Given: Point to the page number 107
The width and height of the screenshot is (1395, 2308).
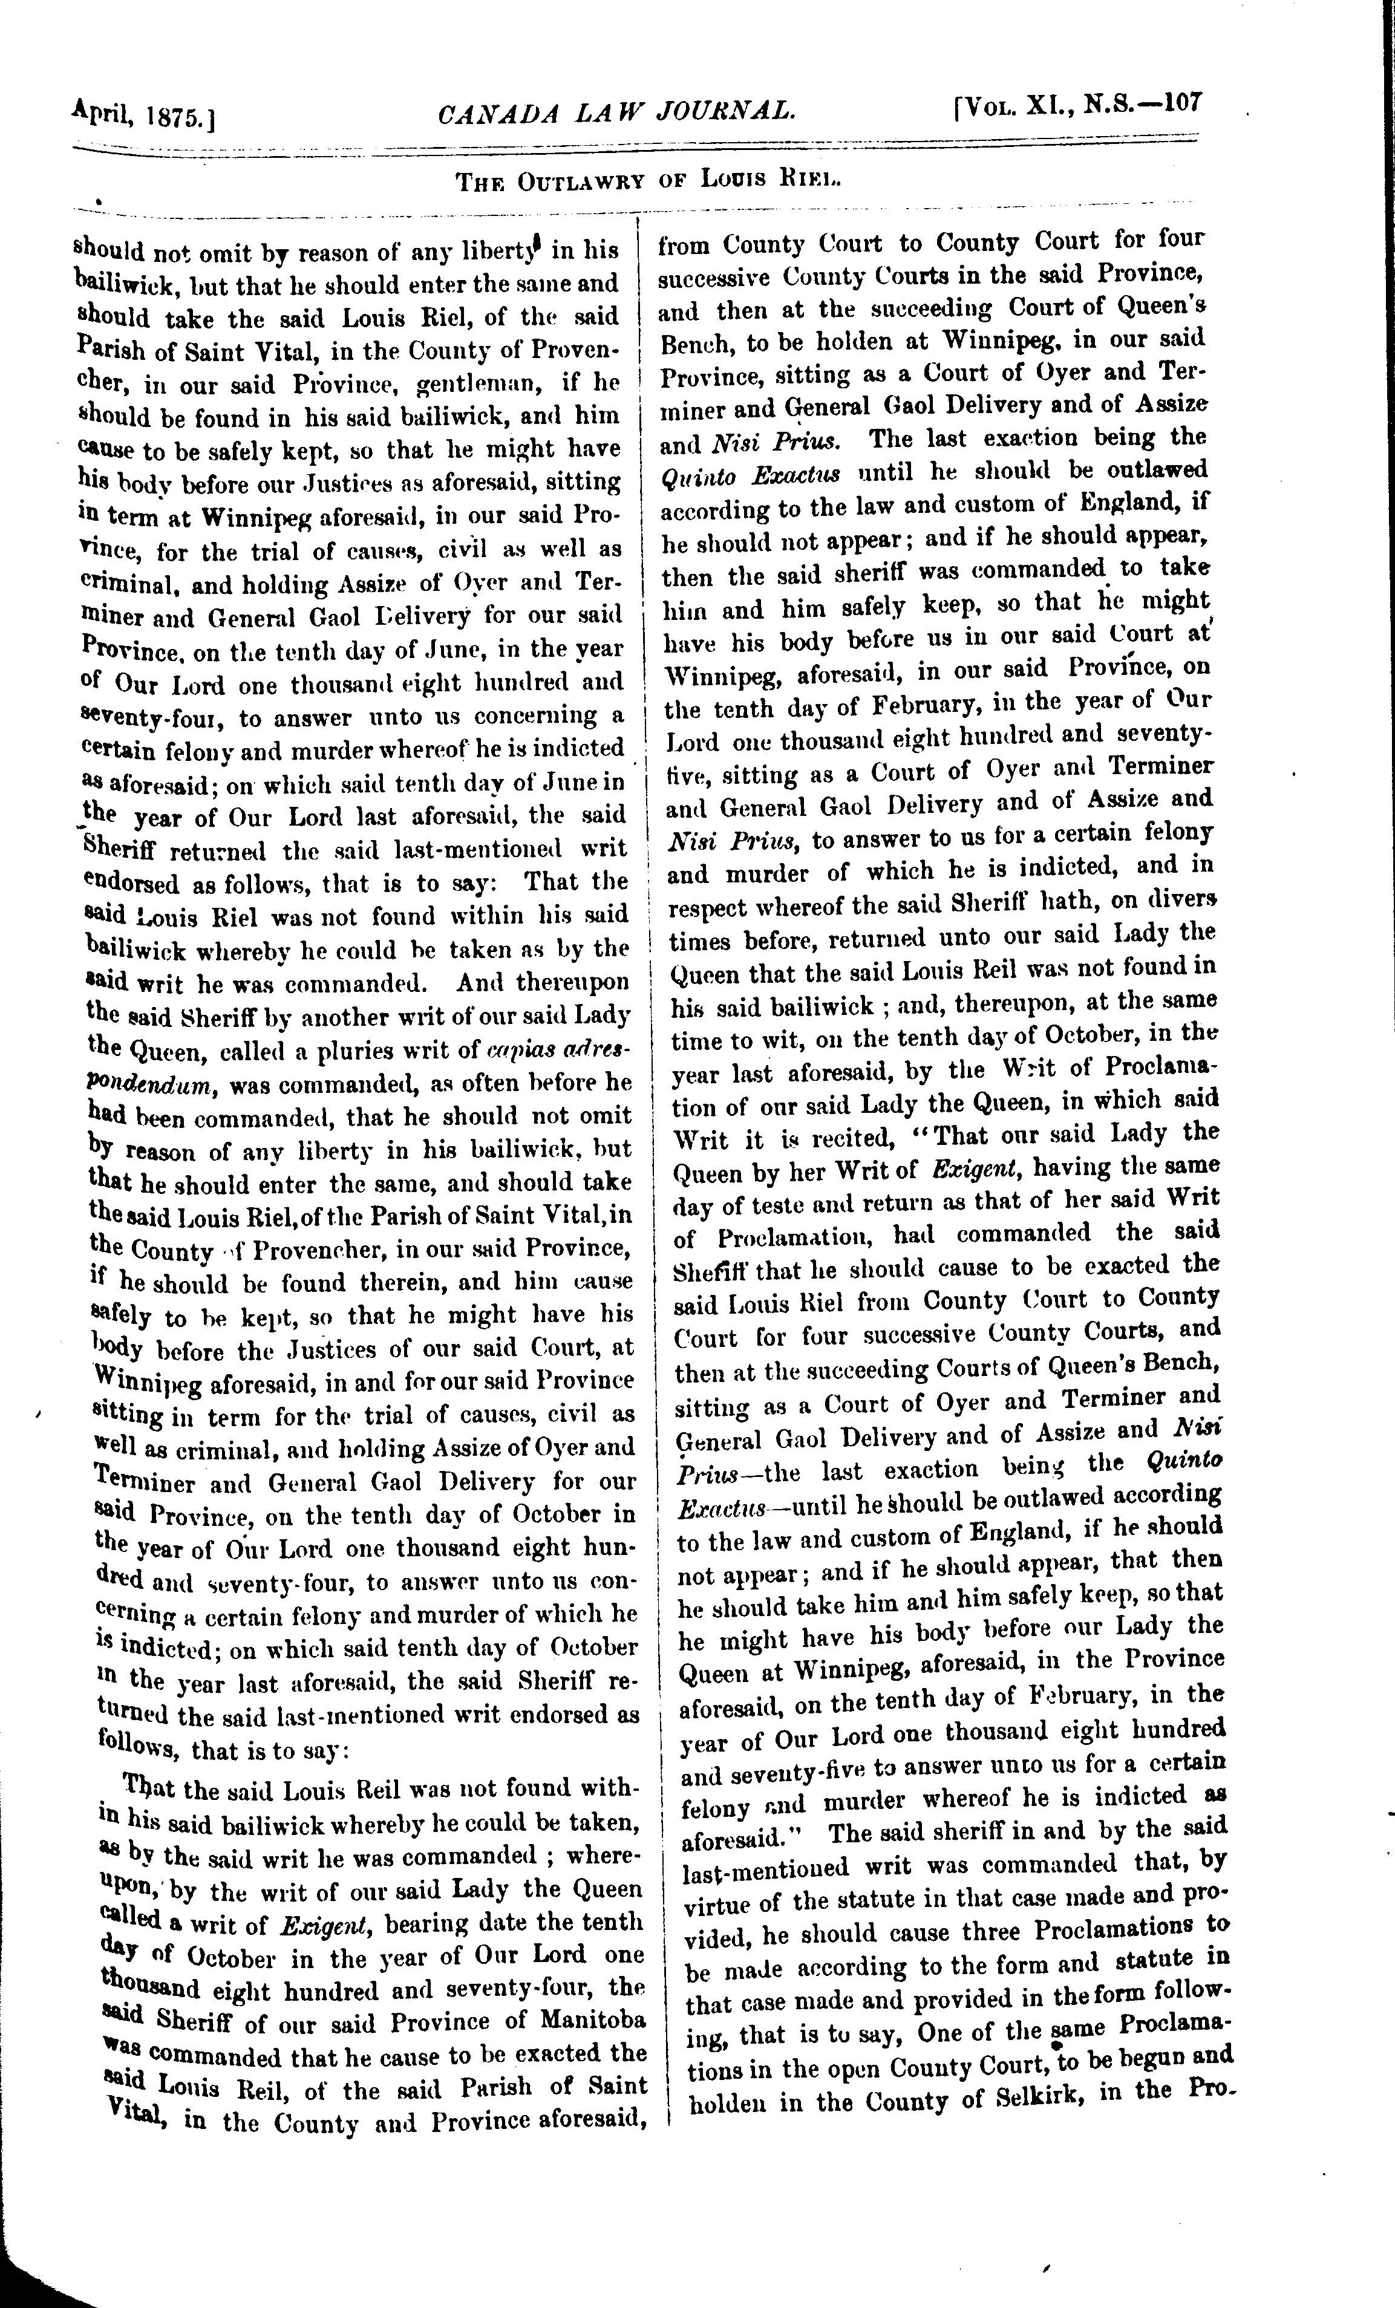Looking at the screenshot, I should (x=1182, y=101).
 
